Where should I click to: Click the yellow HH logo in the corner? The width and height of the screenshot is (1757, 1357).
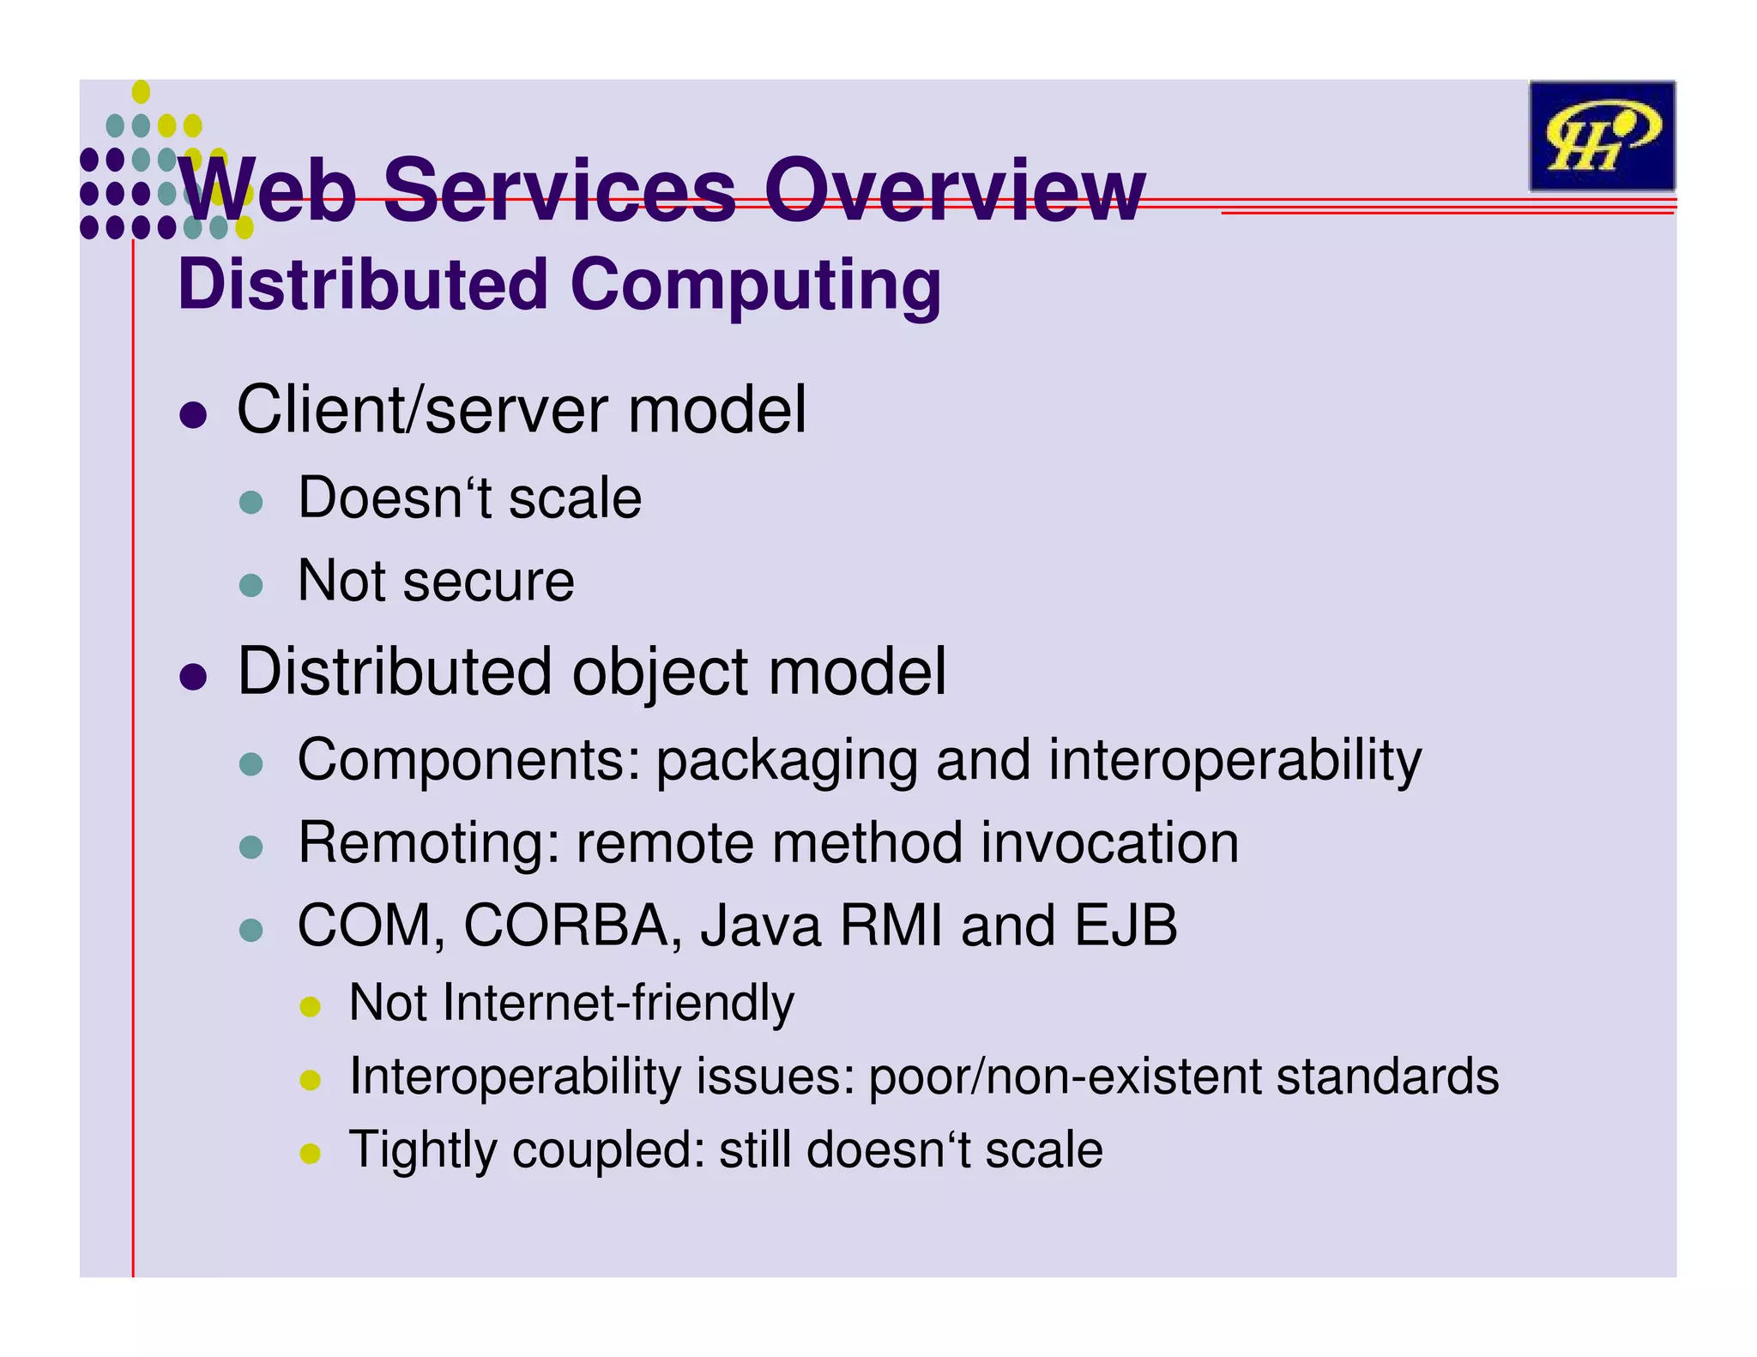tap(1601, 136)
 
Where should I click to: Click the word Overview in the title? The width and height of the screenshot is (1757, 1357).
tap(954, 190)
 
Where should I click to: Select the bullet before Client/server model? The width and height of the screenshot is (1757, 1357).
tap(194, 414)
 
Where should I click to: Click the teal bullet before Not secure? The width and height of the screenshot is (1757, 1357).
tap(251, 585)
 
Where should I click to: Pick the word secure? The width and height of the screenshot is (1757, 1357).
tap(488, 582)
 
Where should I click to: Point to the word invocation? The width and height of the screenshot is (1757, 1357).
tap(1109, 843)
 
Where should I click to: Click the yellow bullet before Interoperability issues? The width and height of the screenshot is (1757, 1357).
tap(310, 1080)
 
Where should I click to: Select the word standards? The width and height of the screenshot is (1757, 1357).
tap(1387, 1077)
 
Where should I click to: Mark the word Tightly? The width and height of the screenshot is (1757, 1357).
tap(422, 1150)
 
